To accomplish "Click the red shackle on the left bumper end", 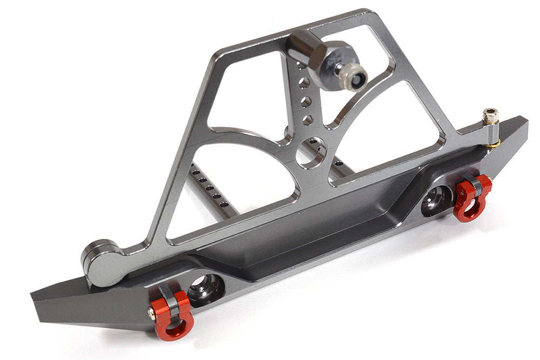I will [172, 319].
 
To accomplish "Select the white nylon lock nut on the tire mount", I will [356, 77].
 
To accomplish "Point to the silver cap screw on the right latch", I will [490, 116].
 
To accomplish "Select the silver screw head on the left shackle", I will [152, 311].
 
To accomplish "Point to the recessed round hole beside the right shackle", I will [437, 200].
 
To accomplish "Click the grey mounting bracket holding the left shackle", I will [172, 296].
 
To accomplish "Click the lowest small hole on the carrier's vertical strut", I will [307, 120].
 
